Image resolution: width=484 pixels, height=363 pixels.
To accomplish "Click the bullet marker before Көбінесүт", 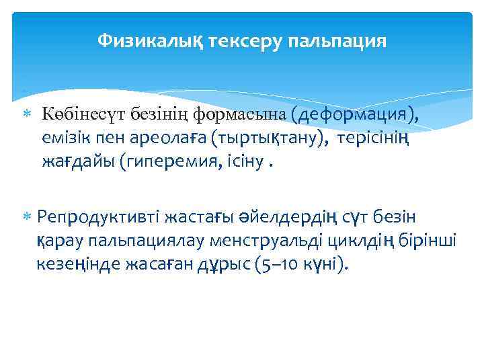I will click(x=28, y=115).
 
